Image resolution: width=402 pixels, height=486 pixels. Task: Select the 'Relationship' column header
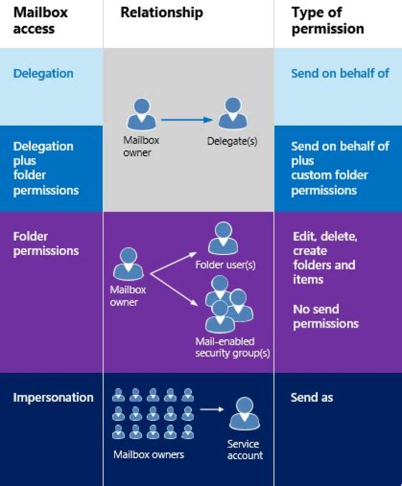coord(162,13)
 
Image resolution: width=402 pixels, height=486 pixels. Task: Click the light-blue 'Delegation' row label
coord(43,74)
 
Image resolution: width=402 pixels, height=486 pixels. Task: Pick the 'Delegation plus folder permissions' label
coord(46,168)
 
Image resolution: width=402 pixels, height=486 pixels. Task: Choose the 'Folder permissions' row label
coord(46,243)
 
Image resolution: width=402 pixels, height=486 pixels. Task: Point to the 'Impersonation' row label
coord(53,397)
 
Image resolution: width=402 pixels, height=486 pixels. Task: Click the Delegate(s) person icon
coord(232,114)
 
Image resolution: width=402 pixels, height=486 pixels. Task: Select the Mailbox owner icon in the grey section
coord(142,114)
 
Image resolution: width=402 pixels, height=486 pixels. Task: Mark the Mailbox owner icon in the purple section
coord(128,264)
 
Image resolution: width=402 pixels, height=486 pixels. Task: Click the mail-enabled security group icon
coord(226,307)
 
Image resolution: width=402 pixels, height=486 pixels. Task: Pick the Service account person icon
coord(244,413)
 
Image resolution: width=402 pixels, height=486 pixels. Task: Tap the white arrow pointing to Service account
coord(212,410)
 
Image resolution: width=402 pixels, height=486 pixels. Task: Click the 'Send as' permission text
coord(312,397)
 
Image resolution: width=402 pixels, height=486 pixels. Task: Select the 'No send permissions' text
coord(326,316)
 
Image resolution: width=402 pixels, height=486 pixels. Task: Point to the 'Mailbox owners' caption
coord(149,454)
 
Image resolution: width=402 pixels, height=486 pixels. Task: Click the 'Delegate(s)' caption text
coord(232,141)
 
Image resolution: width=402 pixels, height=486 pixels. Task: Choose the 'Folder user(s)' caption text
coord(225,264)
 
